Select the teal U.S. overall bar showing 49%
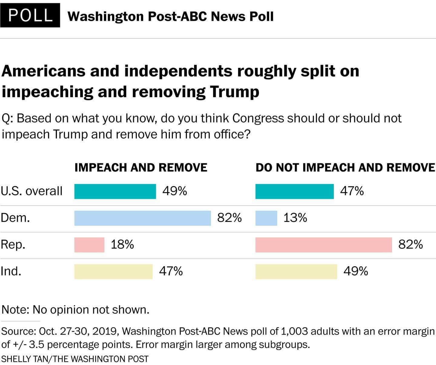click(x=115, y=191)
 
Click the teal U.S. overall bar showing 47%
click(x=294, y=191)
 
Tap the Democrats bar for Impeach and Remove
click(x=142, y=218)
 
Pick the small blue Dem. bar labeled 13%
click(x=266, y=218)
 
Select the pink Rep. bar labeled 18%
click(x=89, y=245)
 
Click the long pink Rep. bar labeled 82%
click(x=323, y=245)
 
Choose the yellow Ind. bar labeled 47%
click(x=113, y=271)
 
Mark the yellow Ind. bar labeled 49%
click(x=296, y=271)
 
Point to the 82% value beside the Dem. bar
click(x=230, y=218)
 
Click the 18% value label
click(x=122, y=245)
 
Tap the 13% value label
click(x=295, y=218)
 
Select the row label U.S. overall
click(x=31, y=191)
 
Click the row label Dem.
click(x=15, y=218)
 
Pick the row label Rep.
click(x=13, y=245)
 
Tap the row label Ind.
click(x=11, y=271)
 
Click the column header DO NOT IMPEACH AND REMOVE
click(x=345, y=168)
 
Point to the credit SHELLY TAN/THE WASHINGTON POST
click(x=75, y=359)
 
